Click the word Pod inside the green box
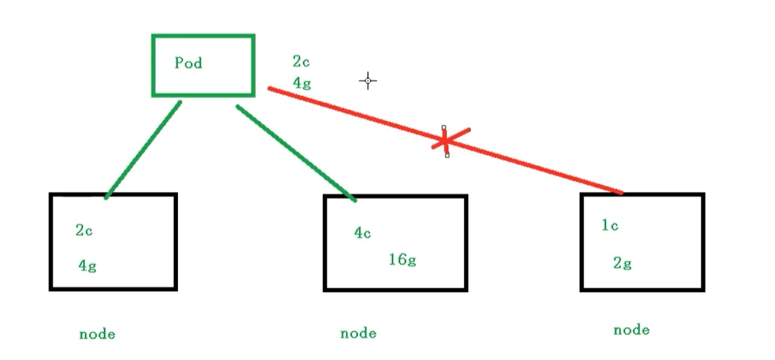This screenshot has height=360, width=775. click(188, 63)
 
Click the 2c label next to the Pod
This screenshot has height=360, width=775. click(301, 62)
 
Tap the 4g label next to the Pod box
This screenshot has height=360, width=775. click(301, 83)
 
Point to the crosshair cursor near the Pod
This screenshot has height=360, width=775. click(368, 81)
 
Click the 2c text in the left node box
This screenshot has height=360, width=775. click(84, 230)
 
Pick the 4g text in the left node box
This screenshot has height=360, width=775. click(87, 266)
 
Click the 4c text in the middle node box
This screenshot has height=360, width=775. click(362, 233)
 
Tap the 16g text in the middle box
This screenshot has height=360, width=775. click(402, 260)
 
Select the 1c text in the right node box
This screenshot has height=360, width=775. click(610, 226)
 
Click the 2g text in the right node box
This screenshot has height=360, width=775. click(622, 263)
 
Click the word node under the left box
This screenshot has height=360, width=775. click(97, 334)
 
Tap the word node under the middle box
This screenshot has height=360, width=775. click(358, 333)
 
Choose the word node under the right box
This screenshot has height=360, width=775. click(631, 330)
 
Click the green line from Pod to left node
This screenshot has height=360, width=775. click(144, 148)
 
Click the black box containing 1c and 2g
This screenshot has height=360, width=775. click(642, 242)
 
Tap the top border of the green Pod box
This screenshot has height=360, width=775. click(203, 36)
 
